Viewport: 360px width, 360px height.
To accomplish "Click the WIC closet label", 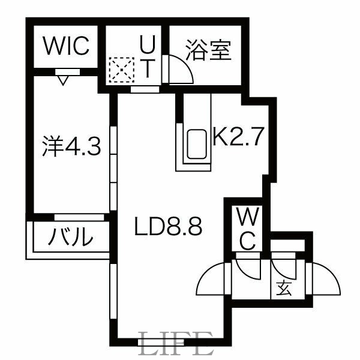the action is coord(66,45).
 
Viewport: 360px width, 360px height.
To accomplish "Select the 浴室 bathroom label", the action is coord(208,50).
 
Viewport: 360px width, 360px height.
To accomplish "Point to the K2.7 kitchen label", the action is coord(238,138).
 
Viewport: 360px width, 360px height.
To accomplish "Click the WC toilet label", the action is coord(248,228).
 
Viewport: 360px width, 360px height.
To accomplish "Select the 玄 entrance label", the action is coord(284,288).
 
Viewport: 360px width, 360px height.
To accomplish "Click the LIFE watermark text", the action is coord(175,345).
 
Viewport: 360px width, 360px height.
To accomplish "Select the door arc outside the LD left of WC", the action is coord(211,279).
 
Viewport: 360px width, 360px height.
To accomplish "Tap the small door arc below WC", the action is coord(247,267).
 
